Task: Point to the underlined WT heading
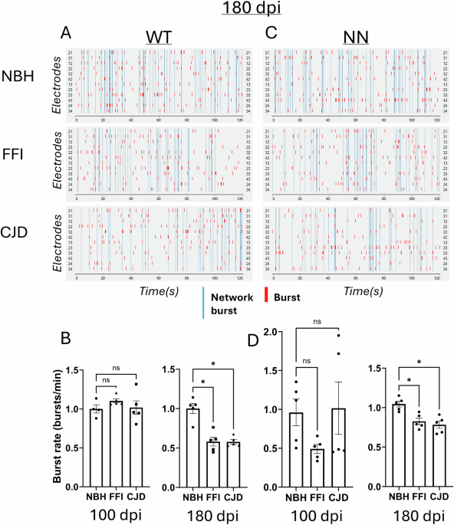click(158, 38)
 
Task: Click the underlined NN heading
click(355, 38)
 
